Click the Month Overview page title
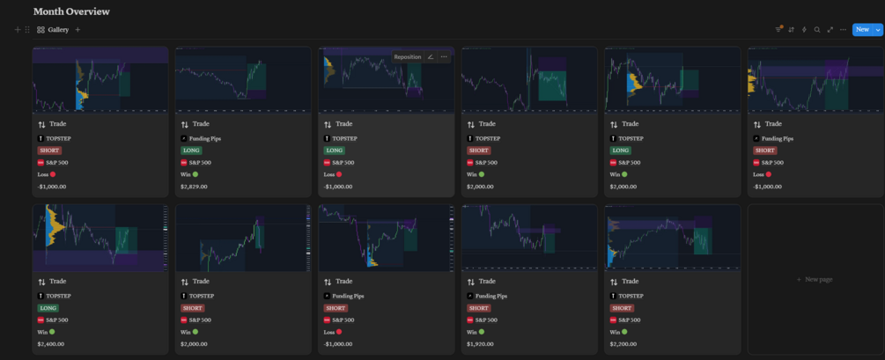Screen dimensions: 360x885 coord(71,11)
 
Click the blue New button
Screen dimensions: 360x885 coord(862,30)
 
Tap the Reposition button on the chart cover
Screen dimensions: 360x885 coord(408,57)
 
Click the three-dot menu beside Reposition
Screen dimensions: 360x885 coord(444,57)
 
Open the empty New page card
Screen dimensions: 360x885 coord(815,279)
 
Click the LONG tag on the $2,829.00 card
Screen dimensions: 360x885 coord(190,151)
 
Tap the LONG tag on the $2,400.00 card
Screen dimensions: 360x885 coord(48,308)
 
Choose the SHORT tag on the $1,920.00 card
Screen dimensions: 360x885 coord(478,308)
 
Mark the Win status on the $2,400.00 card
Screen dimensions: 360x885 coord(45,332)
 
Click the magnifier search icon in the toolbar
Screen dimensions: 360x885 coord(817,30)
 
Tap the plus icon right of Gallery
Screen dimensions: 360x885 coord(77,30)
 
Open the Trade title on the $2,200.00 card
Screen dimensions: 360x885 coord(630,282)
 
